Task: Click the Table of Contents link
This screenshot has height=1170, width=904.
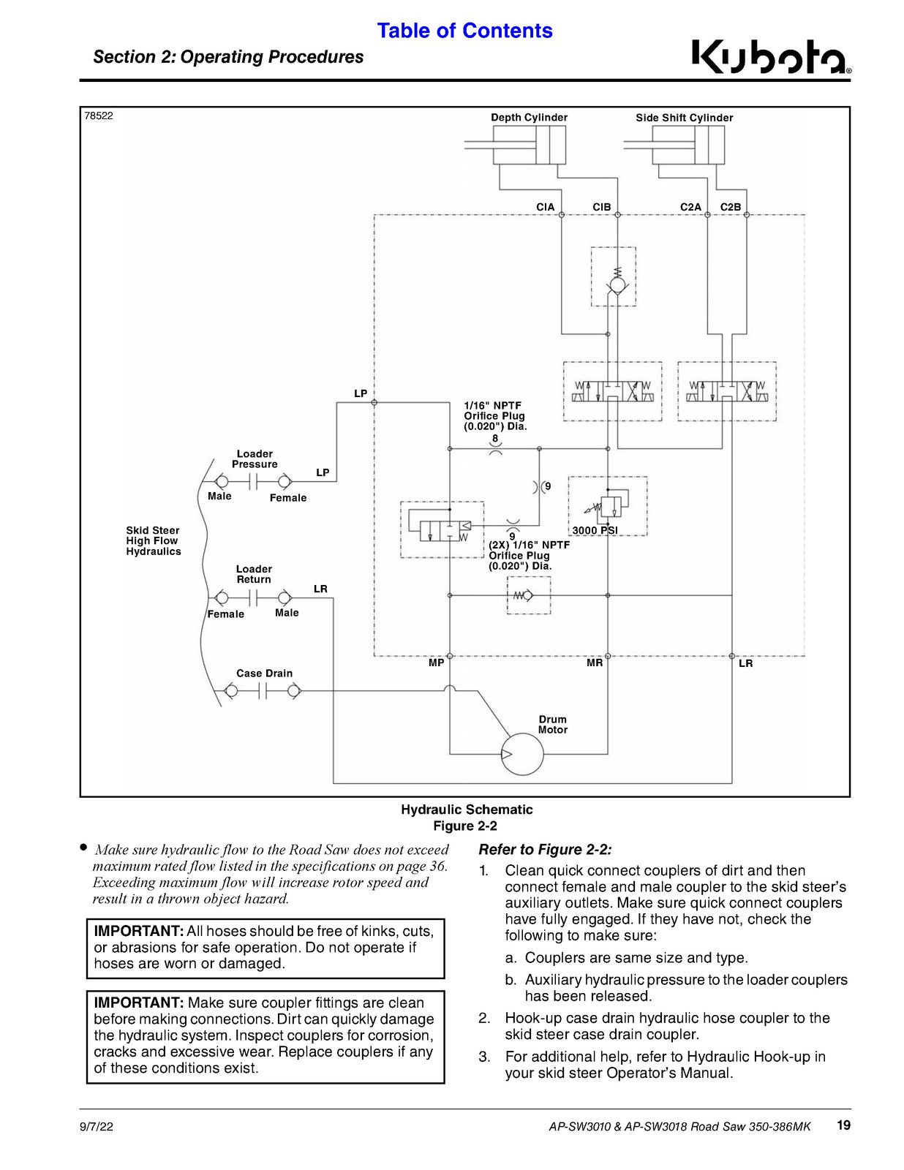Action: pyautogui.click(x=464, y=31)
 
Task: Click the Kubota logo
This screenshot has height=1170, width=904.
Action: pyautogui.click(x=771, y=58)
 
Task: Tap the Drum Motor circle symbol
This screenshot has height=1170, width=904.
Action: pyautogui.click(x=522, y=754)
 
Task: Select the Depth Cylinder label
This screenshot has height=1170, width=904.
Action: pyautogui.click(x=529, y=118)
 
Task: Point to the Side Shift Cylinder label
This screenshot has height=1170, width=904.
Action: pyautogui.click(x=684, y=118)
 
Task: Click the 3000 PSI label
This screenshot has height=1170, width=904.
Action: pyautogui.click(x=595, y=530)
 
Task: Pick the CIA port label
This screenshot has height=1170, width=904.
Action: pyautogui.click(x=545, y=207)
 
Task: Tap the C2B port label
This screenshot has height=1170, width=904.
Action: pyautogui.click(x=731, y=207)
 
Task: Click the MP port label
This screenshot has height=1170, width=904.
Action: pyautogui.click(x=436, y=663)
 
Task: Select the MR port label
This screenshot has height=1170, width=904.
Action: pyautogui.click(x=595, y=663)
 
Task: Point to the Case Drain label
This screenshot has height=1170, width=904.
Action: pyautogui.click(x=264, y=673)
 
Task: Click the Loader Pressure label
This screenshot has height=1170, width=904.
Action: pyautogui.click(x=255, y=458)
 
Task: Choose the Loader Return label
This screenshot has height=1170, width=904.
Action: pyautogui.click(x=254, y=574)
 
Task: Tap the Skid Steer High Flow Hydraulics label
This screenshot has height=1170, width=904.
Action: pyautogui.click(x=154, y=540)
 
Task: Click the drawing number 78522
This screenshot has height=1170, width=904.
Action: pyautogui.click(x=99, y=116)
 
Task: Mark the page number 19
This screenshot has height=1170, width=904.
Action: pyautogui.click(x=844, y=1125)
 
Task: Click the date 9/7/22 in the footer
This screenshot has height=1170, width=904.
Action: pyautogui.click(x=97, y=1126)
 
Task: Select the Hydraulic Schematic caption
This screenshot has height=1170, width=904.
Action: pyautogui.click(x=467, y=809)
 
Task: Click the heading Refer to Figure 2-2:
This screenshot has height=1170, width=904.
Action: pyautogui.click(x=546, y=850)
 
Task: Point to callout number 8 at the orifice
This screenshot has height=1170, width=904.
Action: pyautogui.click(x=495, y=438)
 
